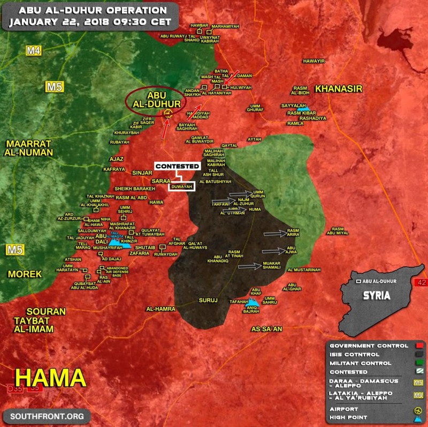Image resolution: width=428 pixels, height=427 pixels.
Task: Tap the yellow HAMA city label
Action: pos(50,377)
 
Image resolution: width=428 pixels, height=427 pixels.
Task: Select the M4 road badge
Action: pos(34,51)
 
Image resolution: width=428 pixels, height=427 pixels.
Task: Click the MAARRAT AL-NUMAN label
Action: pos(29,148)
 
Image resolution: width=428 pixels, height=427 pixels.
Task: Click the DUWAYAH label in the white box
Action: pos(184,186)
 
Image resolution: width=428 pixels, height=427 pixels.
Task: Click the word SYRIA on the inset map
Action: pos(376,296)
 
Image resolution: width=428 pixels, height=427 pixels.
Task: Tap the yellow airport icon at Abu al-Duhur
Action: pos(167,113)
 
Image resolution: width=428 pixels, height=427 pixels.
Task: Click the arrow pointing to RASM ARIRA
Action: pos(274,234)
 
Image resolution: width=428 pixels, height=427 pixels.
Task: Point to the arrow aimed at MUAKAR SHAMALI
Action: pos(249,266)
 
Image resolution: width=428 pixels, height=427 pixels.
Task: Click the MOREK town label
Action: pos(25,274)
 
